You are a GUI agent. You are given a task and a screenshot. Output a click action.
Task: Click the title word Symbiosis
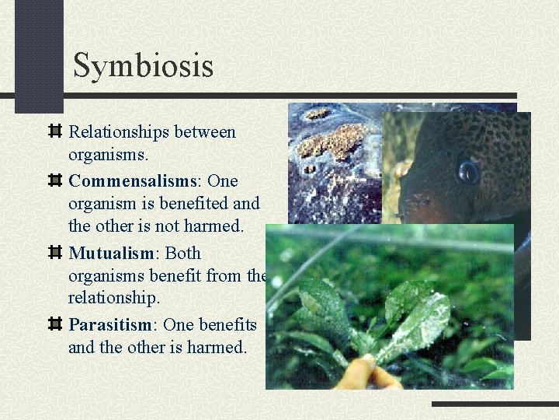point(143,65)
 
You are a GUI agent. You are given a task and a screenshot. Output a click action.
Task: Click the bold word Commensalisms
point(132,180)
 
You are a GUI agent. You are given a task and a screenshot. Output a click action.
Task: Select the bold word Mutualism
point(113,253)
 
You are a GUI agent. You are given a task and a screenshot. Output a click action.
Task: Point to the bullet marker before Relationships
point(55,131)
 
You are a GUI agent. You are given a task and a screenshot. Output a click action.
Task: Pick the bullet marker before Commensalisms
point(55,180)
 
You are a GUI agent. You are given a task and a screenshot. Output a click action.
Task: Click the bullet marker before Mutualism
point(55,253)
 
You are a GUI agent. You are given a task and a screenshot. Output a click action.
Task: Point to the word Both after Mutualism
point(183,253)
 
